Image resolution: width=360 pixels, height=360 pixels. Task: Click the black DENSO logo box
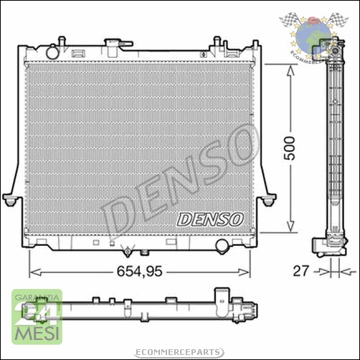[x=210, y=216]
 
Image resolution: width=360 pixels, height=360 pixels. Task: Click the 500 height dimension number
[x=290, y=149]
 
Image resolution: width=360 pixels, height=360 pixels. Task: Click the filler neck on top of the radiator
[x=113, y=45]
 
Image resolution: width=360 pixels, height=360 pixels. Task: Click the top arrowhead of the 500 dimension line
[x=290, y=68]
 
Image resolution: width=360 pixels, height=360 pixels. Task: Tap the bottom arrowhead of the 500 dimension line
[x=290, y=232]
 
